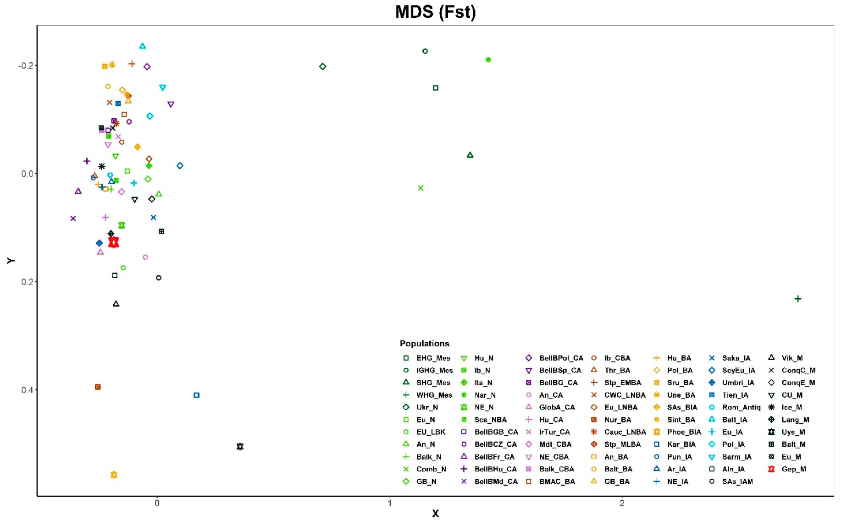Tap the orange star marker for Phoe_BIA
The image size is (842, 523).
(x=114, y=475)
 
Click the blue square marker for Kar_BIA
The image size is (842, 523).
(x=197, y=395)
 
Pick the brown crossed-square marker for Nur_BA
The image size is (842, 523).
(x=98, y=387)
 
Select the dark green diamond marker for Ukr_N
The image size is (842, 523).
(x=322, y=66)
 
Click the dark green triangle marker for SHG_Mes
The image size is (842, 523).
(x=470, y=155)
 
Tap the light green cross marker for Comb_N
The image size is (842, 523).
(x=421, y=188)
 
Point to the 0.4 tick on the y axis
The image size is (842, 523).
(x=27, y=390)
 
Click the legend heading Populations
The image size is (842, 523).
(x=425, y=344)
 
